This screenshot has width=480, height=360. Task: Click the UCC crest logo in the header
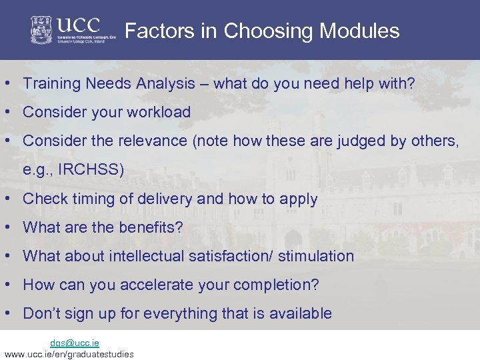coord(42,30)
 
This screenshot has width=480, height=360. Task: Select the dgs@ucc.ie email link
coord(75,343)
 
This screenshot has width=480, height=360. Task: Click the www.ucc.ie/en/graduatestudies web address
coord(69,354)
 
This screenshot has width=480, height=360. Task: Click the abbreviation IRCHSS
coord(90,169)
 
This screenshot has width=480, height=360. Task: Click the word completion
coord(277,285)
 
